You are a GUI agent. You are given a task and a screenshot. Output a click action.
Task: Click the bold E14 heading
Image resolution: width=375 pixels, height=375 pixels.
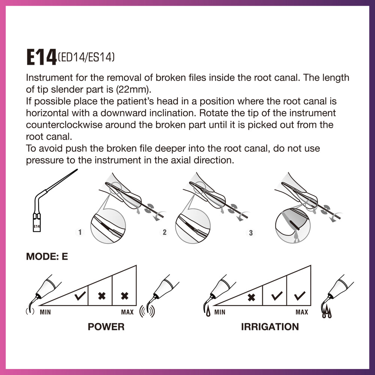click(41, 57)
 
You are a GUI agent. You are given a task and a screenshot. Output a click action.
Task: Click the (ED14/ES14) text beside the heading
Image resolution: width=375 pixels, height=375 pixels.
click(86, 57)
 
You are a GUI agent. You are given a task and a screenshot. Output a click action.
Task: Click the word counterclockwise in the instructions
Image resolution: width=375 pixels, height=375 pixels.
click(64, 125)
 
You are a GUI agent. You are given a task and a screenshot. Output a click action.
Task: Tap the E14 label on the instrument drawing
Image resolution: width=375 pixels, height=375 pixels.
click(37, 226)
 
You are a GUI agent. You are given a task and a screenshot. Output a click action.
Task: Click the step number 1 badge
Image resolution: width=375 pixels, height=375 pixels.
click(80, 232)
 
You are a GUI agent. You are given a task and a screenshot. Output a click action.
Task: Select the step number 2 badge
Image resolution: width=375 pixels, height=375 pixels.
click(165, 232)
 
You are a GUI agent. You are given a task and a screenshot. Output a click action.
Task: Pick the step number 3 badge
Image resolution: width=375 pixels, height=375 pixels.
click(250, 233)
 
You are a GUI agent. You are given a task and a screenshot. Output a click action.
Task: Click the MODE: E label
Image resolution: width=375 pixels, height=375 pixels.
click(47, 256)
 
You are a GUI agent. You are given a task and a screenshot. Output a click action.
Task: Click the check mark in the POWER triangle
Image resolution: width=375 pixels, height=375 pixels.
click(80, 295)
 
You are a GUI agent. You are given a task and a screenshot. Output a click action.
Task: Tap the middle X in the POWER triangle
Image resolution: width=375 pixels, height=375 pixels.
click(102, 296)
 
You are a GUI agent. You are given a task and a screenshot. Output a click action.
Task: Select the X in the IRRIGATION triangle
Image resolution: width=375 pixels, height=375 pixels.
click(251, 297)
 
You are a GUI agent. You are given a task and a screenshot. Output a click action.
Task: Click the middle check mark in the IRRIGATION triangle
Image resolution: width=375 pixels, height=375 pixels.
click(277, 296)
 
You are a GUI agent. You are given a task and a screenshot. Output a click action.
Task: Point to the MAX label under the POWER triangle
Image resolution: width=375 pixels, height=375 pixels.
click(127, 312)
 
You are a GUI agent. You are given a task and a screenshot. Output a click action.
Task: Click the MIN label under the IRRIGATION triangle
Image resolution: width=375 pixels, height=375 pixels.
click(220, 312)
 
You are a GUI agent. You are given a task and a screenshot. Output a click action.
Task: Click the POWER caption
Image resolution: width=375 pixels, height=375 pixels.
click(106, 327)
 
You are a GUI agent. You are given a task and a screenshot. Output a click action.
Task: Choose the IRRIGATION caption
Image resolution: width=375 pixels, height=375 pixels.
click(270, 327)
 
